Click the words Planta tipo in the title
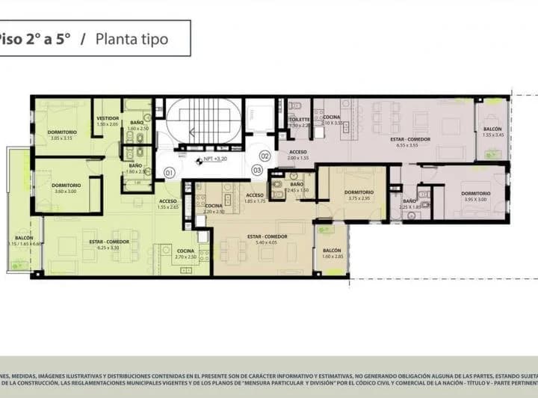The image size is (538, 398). click(x=132, y=38)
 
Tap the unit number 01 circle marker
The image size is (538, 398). click(x=170, y=173)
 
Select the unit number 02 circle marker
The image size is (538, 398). click(x=264, y=156)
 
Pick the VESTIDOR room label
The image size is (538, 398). click(x=108, y=120)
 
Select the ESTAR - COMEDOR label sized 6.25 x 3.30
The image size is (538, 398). click(x=109, y=244)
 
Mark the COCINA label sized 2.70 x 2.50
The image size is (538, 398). click(x=185, y=254)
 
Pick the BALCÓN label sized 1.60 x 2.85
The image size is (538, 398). click(x=332, y=253)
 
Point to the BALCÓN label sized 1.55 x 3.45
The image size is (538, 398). click(x=494, y=131)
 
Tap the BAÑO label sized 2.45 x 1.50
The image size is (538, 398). click(x=297, y=186)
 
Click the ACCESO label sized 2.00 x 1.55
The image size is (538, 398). click(x=298, y=155)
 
